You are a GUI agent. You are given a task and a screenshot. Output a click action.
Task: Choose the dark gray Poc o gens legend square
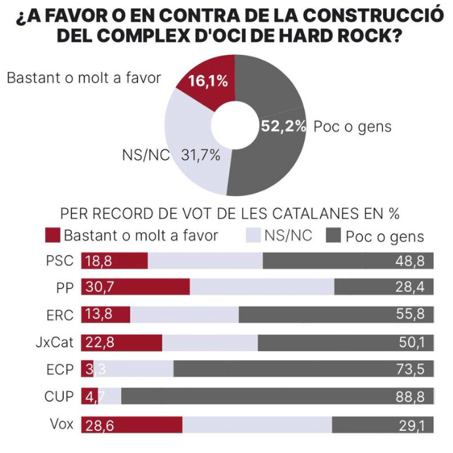[333, 236]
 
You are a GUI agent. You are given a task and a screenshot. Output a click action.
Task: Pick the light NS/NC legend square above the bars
[253, 235]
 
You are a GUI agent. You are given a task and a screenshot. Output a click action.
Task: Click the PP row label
[64, 286]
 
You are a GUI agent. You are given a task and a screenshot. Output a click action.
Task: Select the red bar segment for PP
[136, 287]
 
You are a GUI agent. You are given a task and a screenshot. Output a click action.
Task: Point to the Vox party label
[61, 423]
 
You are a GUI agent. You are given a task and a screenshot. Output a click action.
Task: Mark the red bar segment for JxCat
[122, 342]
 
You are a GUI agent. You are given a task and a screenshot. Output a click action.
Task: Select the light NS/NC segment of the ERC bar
[184, 314]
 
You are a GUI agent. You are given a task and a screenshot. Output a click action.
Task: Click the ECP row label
[60, 369]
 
